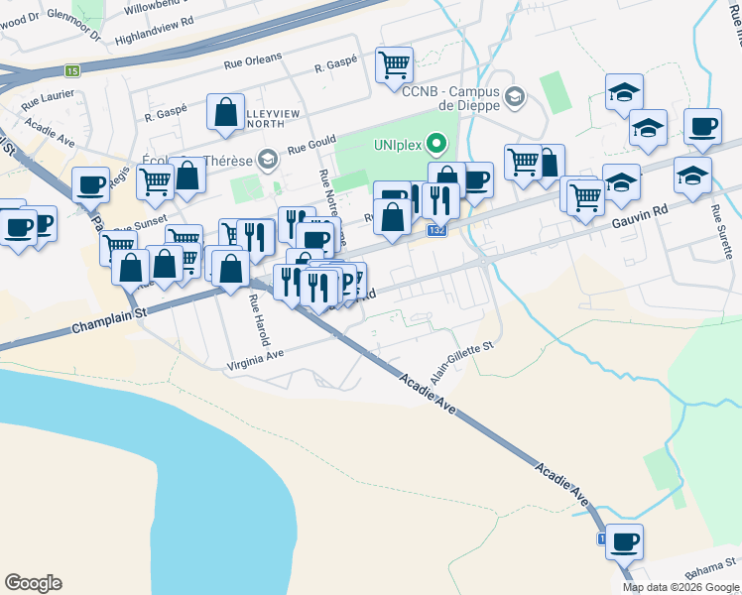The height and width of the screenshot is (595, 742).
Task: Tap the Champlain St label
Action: point(109,319)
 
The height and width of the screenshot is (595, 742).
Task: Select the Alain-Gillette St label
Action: point(461,364)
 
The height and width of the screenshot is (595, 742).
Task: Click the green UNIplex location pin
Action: point(433,144)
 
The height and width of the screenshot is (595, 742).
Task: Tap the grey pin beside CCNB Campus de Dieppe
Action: point(514,96)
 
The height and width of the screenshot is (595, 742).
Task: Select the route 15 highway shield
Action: point(71,70)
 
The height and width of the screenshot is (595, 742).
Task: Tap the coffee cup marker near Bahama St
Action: point(624,541)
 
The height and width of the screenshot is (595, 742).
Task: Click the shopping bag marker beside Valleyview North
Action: point(225,110)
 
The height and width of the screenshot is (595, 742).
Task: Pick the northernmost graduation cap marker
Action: point(623,92)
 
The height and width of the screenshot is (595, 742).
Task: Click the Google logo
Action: point(33,583)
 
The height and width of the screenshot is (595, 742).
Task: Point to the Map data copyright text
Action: point(680,587)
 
